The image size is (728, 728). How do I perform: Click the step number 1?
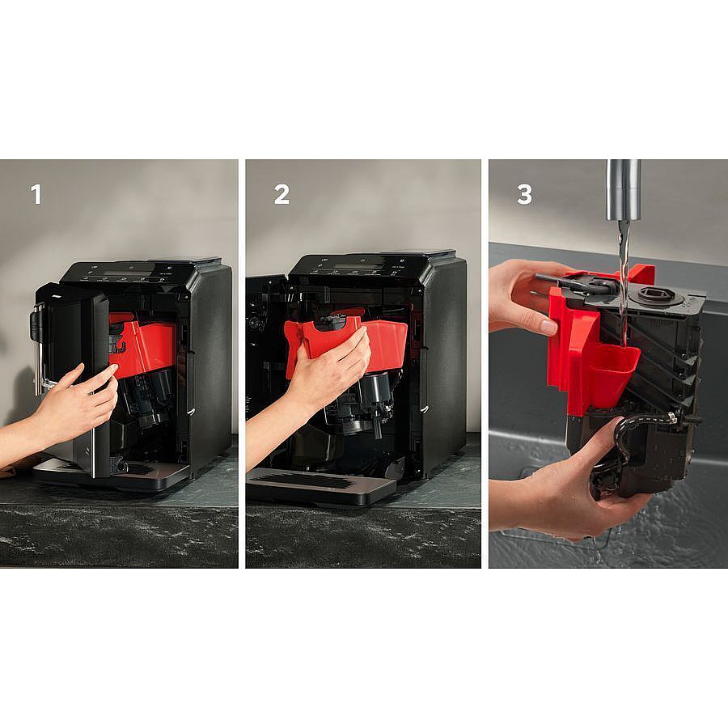[x=36, y=194]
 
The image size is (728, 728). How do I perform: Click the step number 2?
[x=281, y=194]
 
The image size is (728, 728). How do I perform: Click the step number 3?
[x=525, y=194]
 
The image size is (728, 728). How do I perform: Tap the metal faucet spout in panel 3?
[x=624, y=190]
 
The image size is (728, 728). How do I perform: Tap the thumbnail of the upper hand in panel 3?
[x=549, y=327]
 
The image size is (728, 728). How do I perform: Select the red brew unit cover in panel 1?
[x=142, y=343]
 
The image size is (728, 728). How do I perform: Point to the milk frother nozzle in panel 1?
[x=38, y=348]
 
